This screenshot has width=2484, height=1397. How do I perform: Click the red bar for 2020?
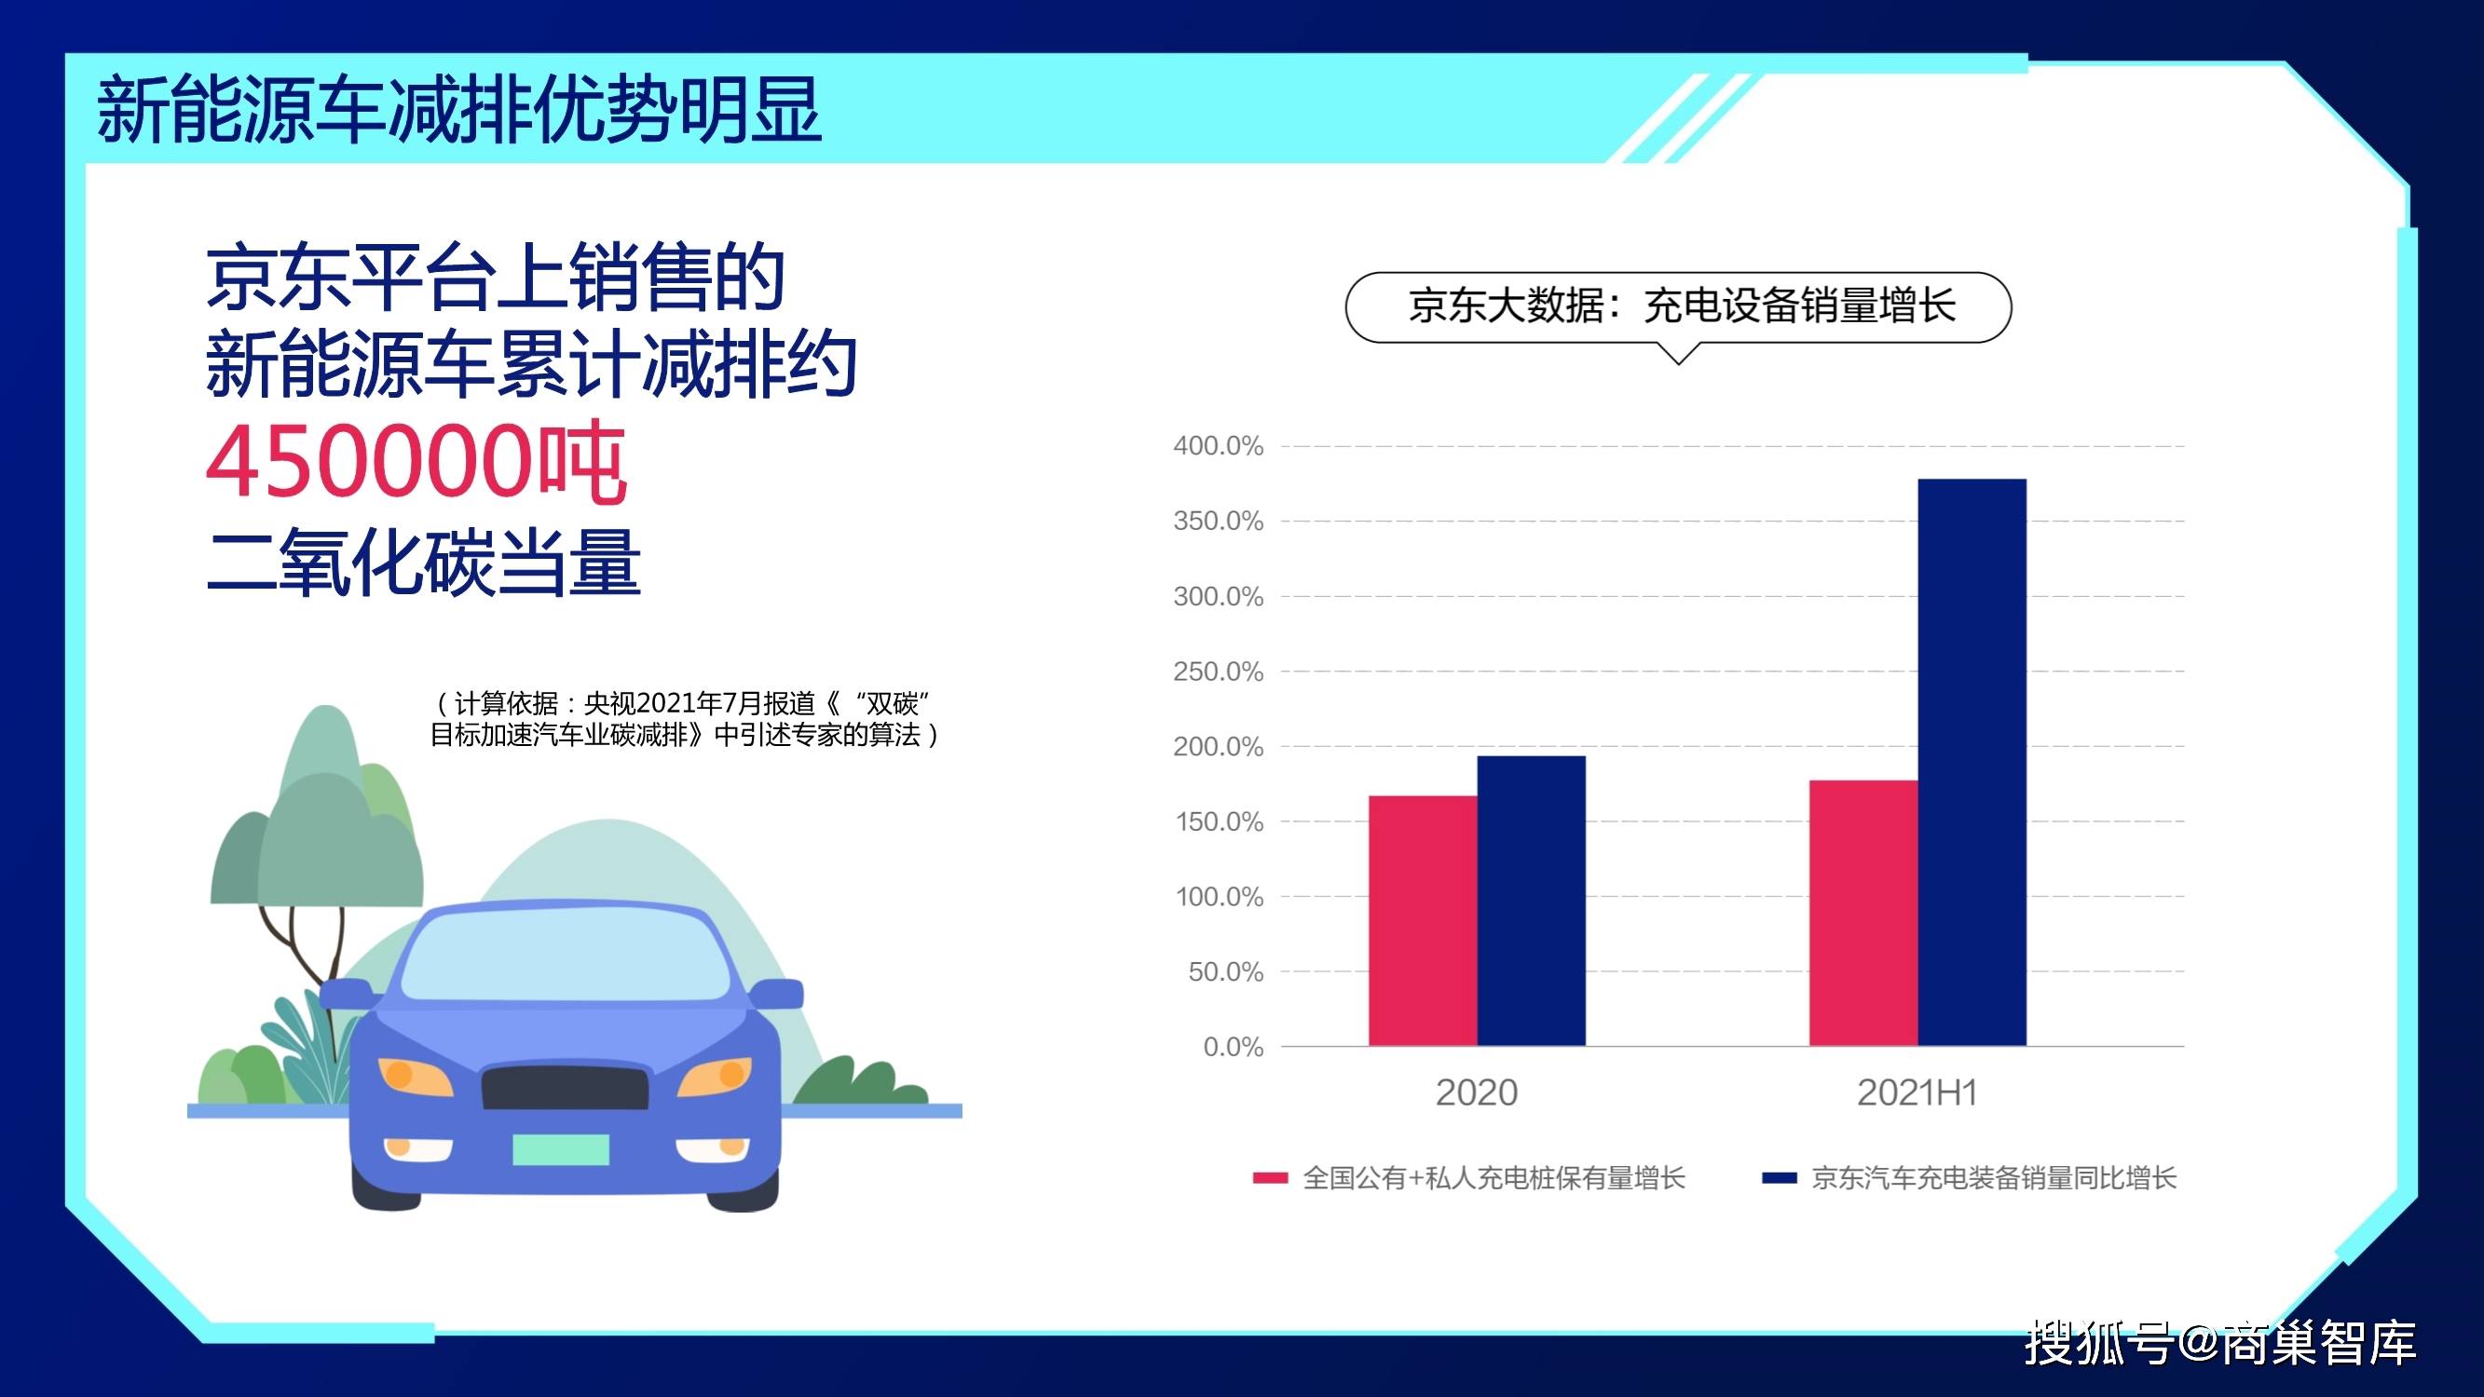pyautogui.click(x=1424, y=921)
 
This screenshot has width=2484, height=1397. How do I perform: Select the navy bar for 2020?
pyautogui.click(x=1531, y=901)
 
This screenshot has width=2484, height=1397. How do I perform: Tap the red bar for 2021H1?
pyautogui.click(x=1863, y=913)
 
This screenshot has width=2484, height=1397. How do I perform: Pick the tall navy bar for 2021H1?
pyautogui.click(x=1972, y=763)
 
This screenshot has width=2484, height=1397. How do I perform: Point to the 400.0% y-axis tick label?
pyautogui.click(x=1218, y=446)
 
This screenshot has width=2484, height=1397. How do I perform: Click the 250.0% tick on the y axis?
pyautogui.click(x=1218, y=672)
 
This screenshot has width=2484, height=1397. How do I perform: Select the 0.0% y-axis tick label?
pyautogui.click(x=1234, y=1047)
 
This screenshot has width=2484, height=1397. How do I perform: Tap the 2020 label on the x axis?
pyautogui.click(x=1476, y=1093)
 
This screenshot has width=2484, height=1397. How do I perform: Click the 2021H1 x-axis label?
pyautogui.click(x=1917, y=1093)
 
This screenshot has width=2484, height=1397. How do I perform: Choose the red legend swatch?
pyautogui.click(x=1270, y=1178)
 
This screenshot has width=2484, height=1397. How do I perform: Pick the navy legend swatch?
pyautogui.click(x=1779, y=1178)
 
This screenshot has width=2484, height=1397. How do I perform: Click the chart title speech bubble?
pyautogui.click(x=1678, y=307)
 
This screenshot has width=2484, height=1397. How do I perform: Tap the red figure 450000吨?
pyautogui.click(x=416, y=463)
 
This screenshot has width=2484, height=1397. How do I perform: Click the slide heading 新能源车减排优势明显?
pyautogui.click(x=459, y=111)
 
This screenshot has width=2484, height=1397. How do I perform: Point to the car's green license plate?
pyautogui.click(x=560, y=1149)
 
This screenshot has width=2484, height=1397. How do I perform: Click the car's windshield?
pyautogui.click(x=565, y=956)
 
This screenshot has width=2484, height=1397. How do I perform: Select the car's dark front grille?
pyautogui.click(x=564, y=1088)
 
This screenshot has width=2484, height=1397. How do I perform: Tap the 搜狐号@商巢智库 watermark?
pyautogui.click(x=2219, y=1341)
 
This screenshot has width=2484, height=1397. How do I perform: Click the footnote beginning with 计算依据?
pyautogui.click(x=685, y=719)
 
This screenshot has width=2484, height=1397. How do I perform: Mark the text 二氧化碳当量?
pyautogui.click(x=423, y=561)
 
